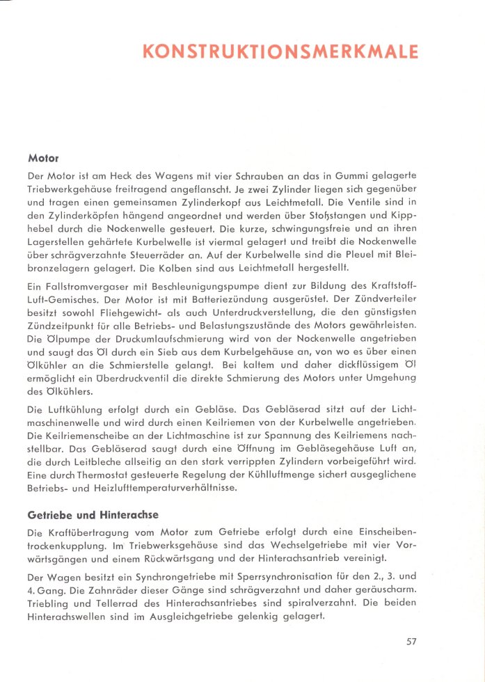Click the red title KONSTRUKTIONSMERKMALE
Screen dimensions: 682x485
(x=280, y=51)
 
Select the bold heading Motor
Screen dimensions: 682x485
(x=42, y=157)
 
